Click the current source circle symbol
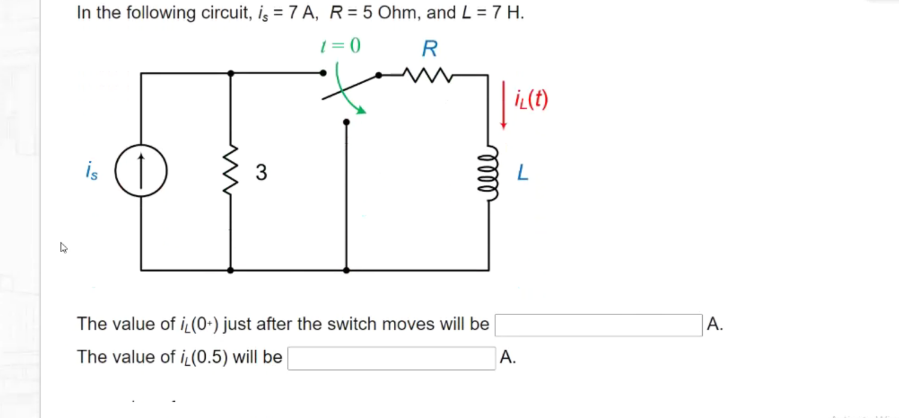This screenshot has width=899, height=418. pyautogui.click(x=141, y=172)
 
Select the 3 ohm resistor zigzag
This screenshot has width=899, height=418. pyautogui.click(x=231, y=172)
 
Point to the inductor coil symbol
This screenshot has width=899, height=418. pyautogui.click(x=489, y=173)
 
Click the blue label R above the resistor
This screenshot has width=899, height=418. pyautogui.click(x=429, y=49)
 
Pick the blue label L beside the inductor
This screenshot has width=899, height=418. pyautogui.click(x=523, y=173)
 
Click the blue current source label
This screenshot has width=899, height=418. pyautogui.click(x=91, y=172)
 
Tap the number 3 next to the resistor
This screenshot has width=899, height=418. pyautogui.click(x=261, y=172)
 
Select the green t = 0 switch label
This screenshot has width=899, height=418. pyautogui.click(x=340, y=46)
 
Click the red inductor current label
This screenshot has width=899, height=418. pyautogui.click(x=532, y=100)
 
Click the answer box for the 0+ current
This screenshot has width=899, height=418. pyautogui.click(x=598, y=325)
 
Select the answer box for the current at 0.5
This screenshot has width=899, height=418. pyautogui.click(x=391, y=358)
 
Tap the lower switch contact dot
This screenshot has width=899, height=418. pyautogui.click(x=346, y=122)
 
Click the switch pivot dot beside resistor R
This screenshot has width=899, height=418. pyautogui.click(x=378, y=75)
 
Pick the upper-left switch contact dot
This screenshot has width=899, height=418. pyautogui.click(x=323, y=73)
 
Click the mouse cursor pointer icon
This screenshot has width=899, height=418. pyautogui.click(x=63, y=247)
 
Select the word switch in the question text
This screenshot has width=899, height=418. pyautogui.click(x=349, y=324)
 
